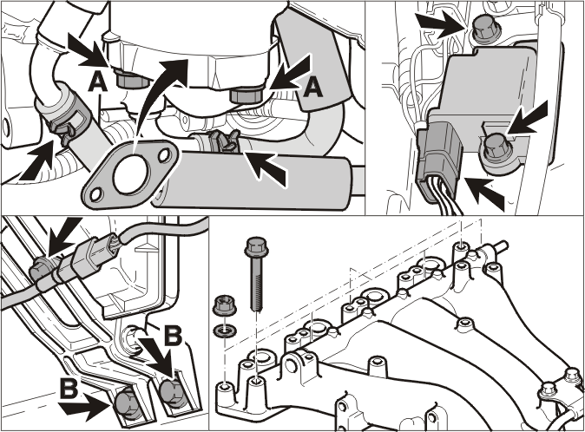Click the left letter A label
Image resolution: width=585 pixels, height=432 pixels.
[98, 82]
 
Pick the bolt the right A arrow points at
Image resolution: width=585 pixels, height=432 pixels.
[246, 95]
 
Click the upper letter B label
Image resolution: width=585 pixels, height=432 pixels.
[173, 336]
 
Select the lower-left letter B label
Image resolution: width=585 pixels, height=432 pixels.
[69, 389]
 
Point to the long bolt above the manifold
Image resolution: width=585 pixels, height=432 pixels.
[256, 274]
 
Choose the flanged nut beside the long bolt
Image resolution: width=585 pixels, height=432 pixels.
[223, 304]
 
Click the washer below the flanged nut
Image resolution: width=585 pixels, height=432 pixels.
[223, 331]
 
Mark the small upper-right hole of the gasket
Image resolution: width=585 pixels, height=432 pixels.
[163, 155]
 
